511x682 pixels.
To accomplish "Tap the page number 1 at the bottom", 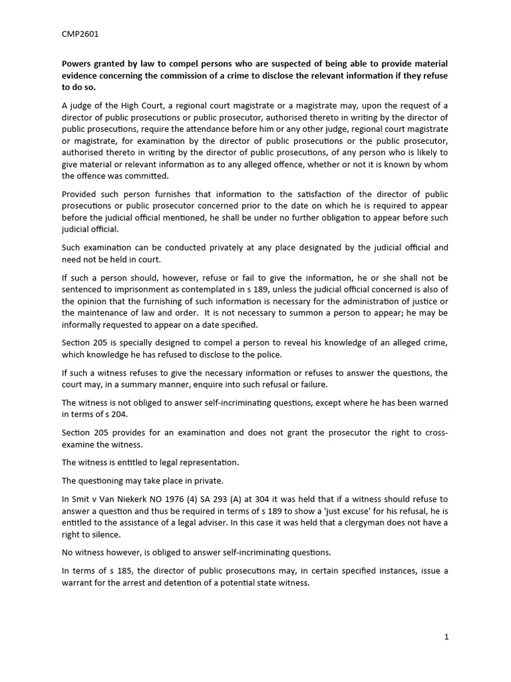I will [446, 637].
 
